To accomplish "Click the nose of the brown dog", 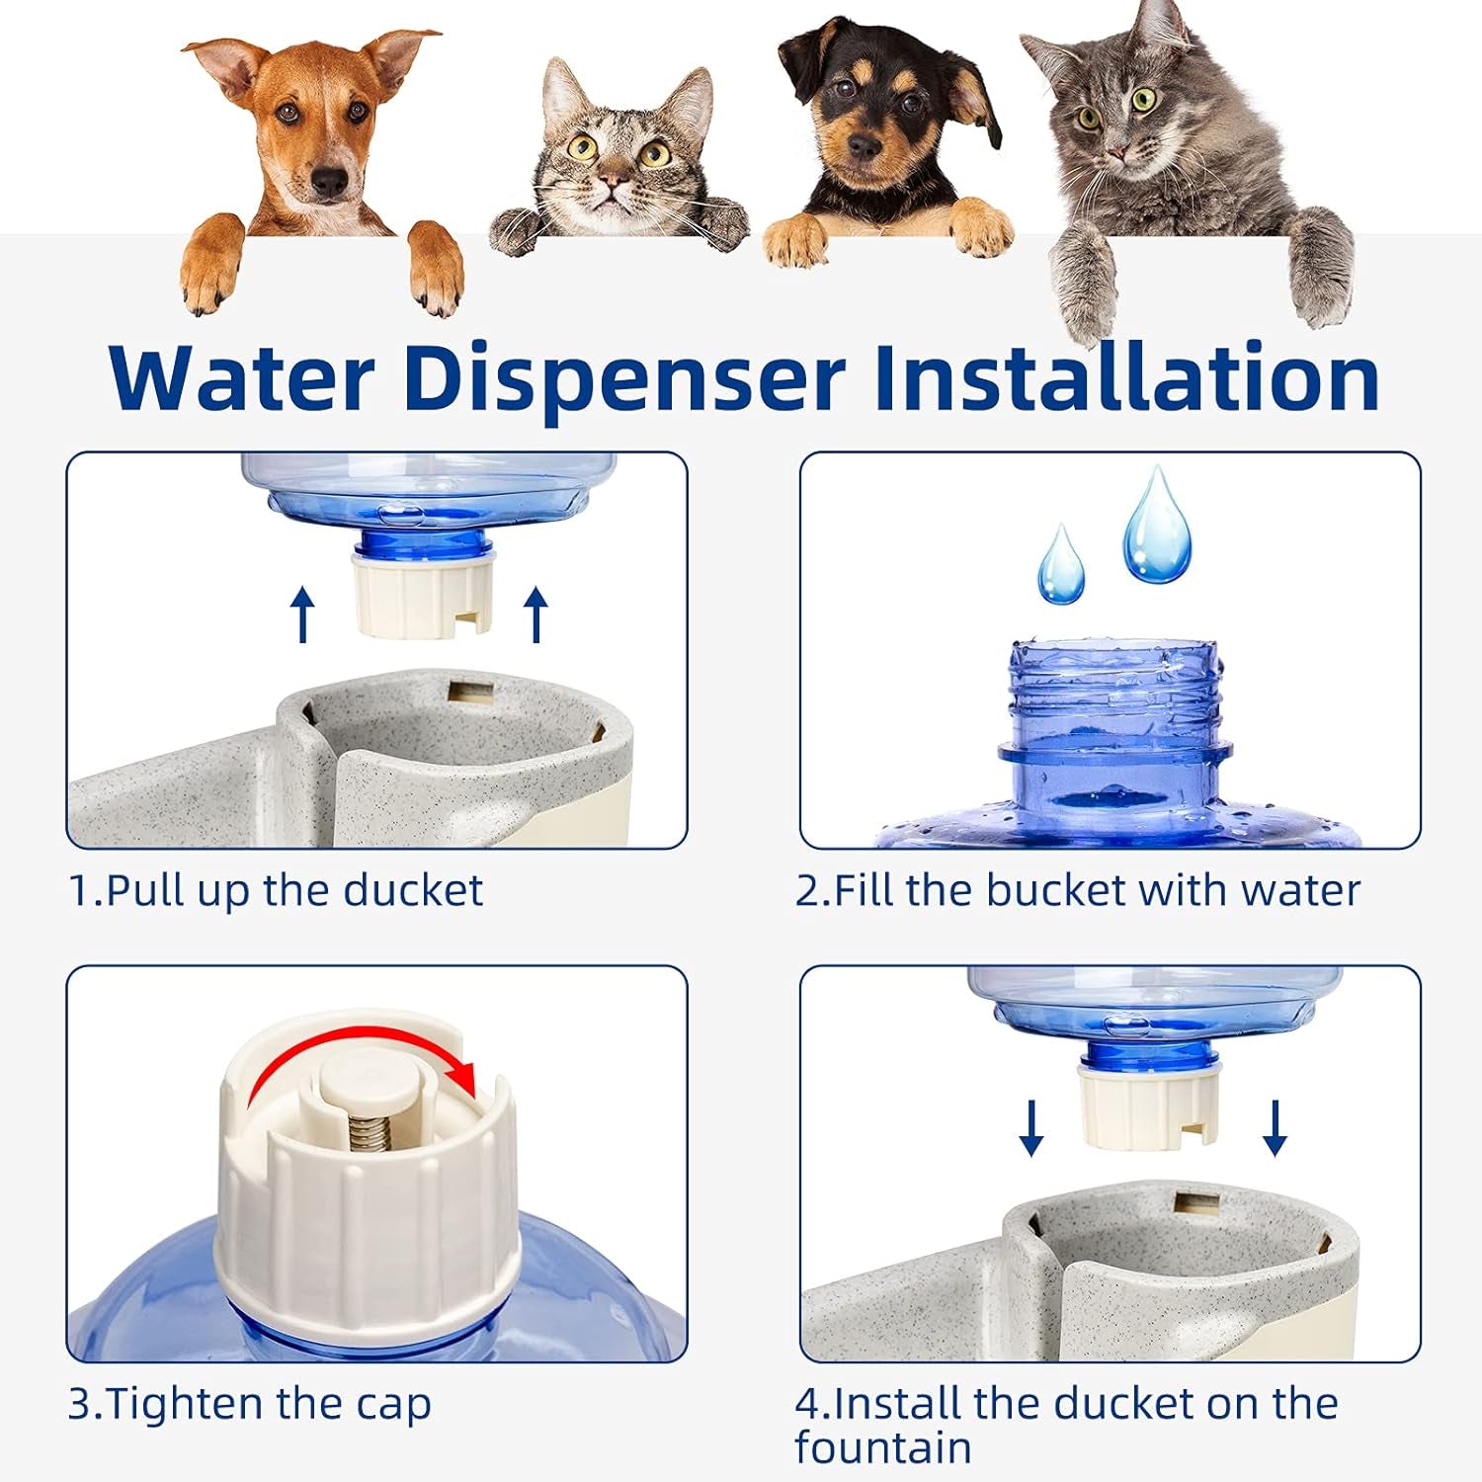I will pyautogui.click(x=329, y=181).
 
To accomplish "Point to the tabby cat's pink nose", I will pyautogui.click(x=614, y=182).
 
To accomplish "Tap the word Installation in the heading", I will pyautogui.click(x=1126, y=378).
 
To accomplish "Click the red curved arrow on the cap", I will pyautogui.click(x=362, y=1055).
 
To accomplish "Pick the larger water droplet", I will pyautogui.click(x=1156, y=526).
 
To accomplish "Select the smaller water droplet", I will pyautogui.click(x=1061, y=567).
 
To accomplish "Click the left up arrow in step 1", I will pyautogui.click(x=303, y=614).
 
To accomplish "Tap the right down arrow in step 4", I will pyautogui.click(x=1275, y=1127).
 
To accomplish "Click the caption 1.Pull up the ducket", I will pyautogui.click(x=276, y=890).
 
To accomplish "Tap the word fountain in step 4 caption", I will pyautogui.click(x=882, y=1448).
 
